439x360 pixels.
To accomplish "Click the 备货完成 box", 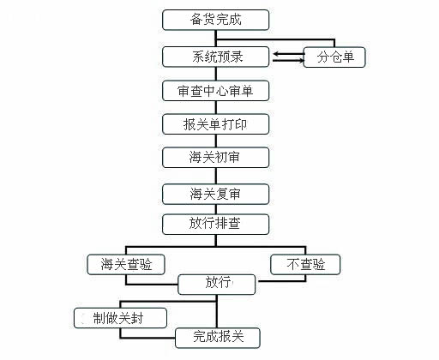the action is [x=216, y=20].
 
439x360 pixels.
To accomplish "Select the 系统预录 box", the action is [x=216, y=57].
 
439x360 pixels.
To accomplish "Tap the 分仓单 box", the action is [x=334, y=57].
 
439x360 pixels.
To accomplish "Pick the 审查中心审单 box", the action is [x=216, y=91].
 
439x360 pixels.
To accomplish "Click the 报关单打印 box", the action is [x=216, y=124].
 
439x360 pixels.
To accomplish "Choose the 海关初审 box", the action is [x=216, y=158].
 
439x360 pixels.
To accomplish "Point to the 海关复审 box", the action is [x=216, y=195].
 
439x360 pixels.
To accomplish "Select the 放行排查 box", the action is [x=216, y=225].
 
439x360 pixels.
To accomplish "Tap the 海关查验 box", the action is [x=126, y=265].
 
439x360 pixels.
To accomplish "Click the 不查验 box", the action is [x=305, y=265].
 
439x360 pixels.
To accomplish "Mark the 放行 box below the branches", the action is [x=217, y=285].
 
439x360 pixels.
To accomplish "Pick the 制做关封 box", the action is [x=120, y=318].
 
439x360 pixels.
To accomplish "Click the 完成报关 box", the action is [x=218, y=338].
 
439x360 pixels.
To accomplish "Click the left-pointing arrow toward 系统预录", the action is [x=289, y=54].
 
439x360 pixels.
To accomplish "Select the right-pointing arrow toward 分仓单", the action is [x=289, y=60].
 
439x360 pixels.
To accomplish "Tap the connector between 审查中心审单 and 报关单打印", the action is [x=216, y=107].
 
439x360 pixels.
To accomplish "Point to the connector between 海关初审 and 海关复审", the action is [x=216, y=176].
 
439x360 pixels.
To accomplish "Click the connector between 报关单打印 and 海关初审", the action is [x=216, y=141].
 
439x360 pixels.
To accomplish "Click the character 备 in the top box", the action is [x=196, y=20].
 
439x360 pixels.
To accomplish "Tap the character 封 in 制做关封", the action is [x=136, y=318].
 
